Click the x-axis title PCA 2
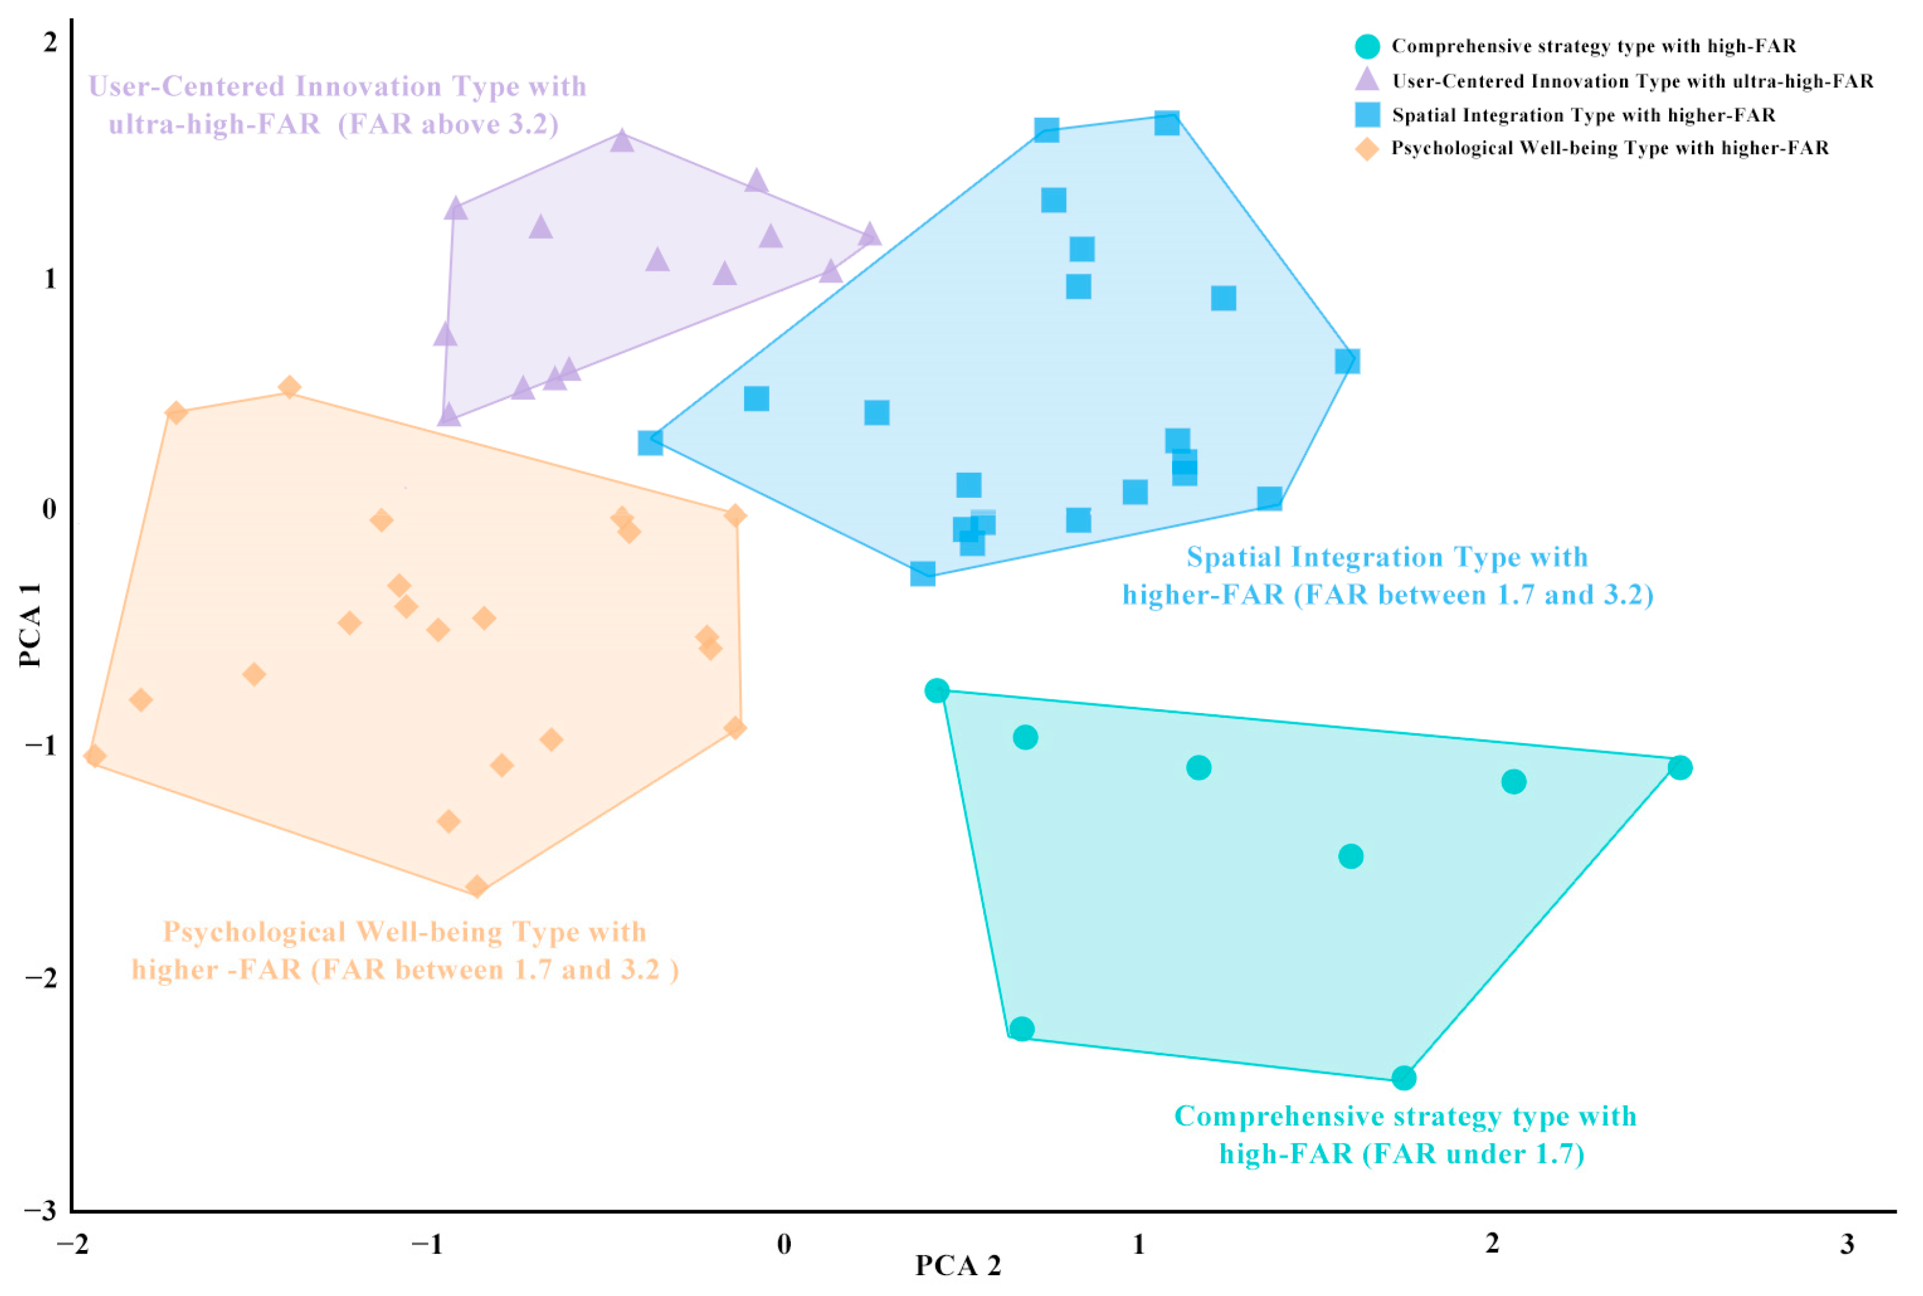pyautogui.click(x=957, y=1265)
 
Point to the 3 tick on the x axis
pyautogui.click(x=1846, y=1244)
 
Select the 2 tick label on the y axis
pyautogui.click(x=50, y=41)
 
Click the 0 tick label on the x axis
pyautogui.click(x=783, y=1244)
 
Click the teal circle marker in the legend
pyautogui.click(x=1367, y=47)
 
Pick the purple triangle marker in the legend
pyautogui.click(x=1367, y=80)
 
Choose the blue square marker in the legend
pyautogui.click(x=1367, y=115)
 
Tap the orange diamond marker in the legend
pyautogui.click(x=1367, y=149)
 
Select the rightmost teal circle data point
pyautogui.click(x=1679, y=768)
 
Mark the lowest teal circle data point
pyautogui.click(x=1403, y=1078)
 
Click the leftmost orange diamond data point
pyautogui.click(x=94, y=755)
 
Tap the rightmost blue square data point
pyautogui.click(x=1347, y=361)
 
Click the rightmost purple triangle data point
pyautogui.click(x=869, y=235)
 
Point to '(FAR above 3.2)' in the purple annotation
pyautogui.click(x=448, y=124)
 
